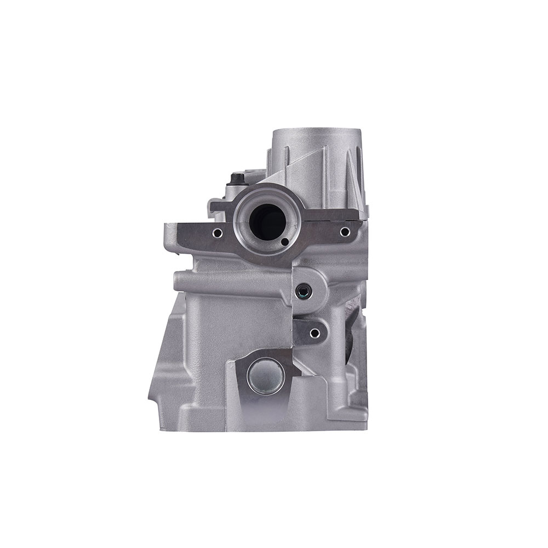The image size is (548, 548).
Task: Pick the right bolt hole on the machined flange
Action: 344,232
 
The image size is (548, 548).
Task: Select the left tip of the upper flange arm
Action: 165,230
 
